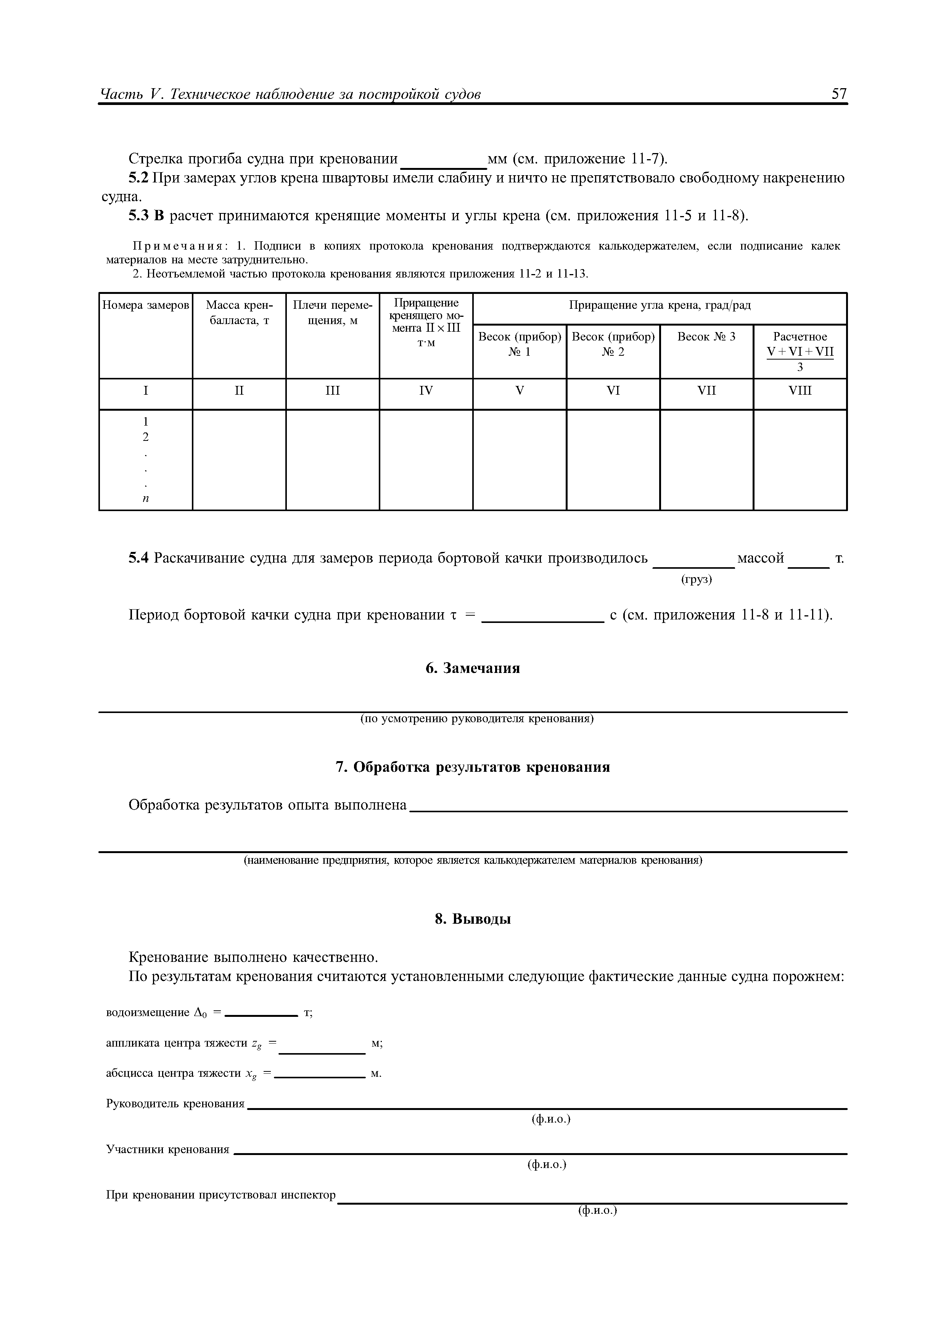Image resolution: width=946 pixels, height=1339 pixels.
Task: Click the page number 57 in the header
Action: tap(839, 94)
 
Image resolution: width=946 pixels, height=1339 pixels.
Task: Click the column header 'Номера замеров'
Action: tap(146, 305)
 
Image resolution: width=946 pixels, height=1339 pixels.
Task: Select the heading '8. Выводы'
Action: tap(472, 919)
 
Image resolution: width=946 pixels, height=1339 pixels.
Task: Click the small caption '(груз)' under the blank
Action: tap(697, 580)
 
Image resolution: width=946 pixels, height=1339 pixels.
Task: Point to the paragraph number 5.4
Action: tap(139, 558)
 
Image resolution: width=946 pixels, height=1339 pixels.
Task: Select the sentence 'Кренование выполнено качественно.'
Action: tap(254, 958)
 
